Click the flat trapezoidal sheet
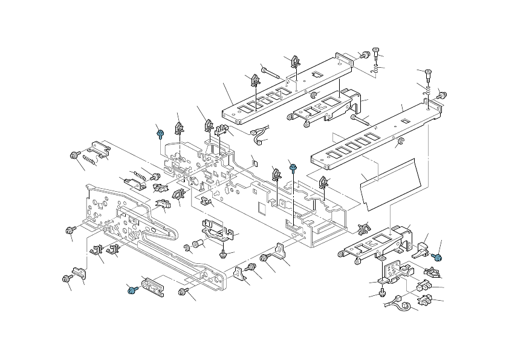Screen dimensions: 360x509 (390, 182)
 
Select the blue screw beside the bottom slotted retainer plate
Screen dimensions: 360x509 (131, 290)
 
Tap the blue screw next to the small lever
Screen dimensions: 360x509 (438, 258)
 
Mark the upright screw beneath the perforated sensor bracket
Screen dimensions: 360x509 (382, 293)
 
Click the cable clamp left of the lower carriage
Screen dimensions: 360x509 (365, 229)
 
